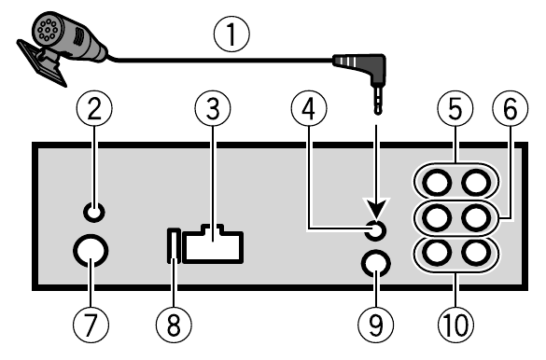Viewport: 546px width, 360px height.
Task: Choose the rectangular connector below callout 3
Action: point(216,245)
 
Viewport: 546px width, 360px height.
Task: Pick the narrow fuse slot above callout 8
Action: point(173,245)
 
